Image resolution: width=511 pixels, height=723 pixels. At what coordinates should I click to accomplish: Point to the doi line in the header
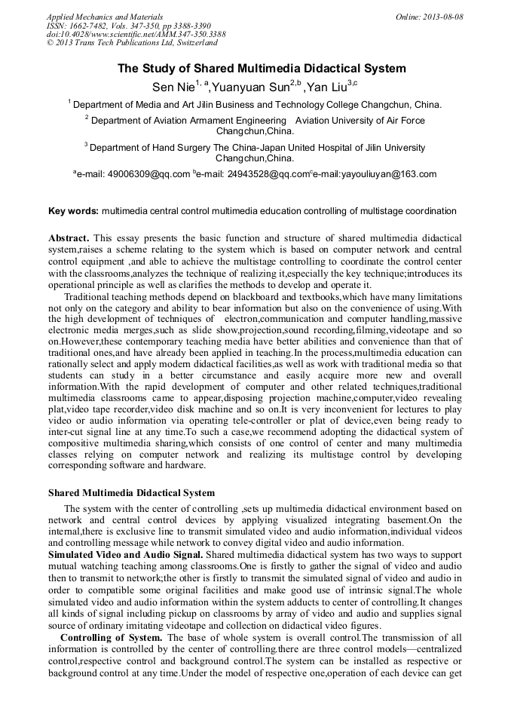point(136,35)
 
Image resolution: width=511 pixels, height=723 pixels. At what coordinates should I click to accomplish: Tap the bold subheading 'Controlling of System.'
point(111,637)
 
